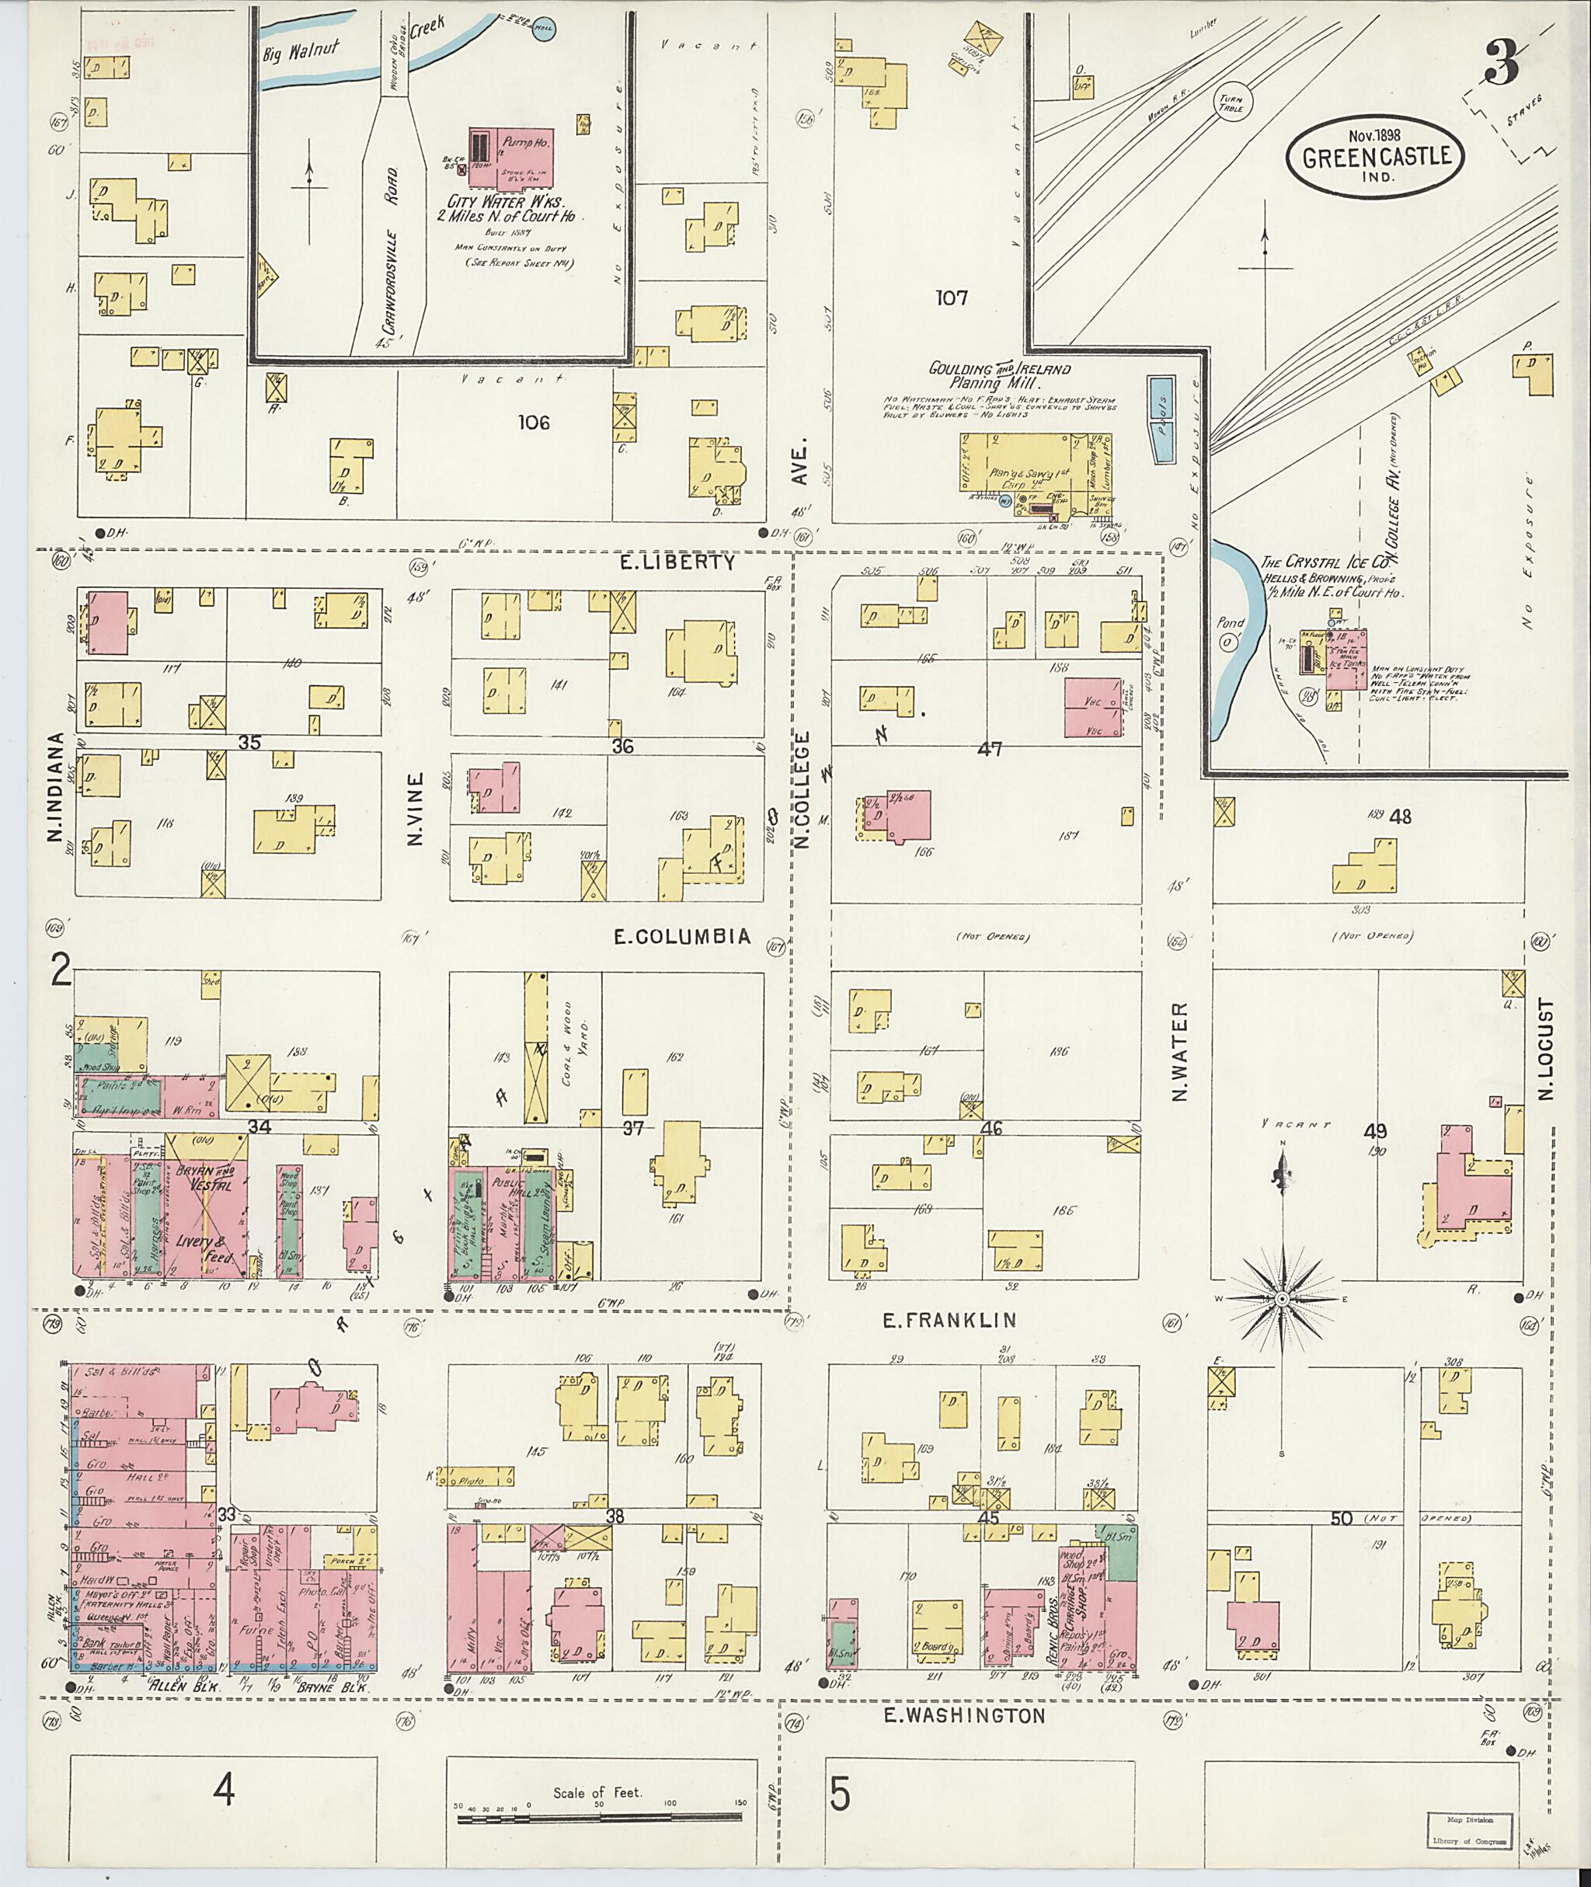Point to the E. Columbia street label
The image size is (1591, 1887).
(681, 937)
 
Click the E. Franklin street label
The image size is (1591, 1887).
(949, 1321)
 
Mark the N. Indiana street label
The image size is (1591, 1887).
(56, 788)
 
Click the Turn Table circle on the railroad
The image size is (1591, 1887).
(1232, 103)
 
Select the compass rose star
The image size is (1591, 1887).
(1281, 1299)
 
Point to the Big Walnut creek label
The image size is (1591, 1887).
(301, 51)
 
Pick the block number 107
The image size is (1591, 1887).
(951, 298)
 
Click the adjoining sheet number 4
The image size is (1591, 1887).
(223, 1790)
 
